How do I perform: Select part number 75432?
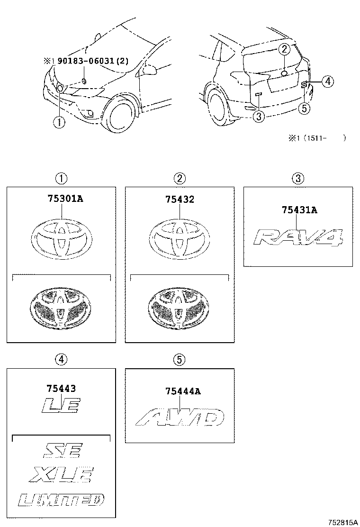179,200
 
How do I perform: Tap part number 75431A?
299,210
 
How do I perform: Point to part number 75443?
61,388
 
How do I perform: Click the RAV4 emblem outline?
297,237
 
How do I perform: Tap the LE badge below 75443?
61,405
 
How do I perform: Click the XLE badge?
62,474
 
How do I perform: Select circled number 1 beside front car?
58,122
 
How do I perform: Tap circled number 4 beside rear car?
328,82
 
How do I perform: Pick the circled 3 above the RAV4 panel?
297,178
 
